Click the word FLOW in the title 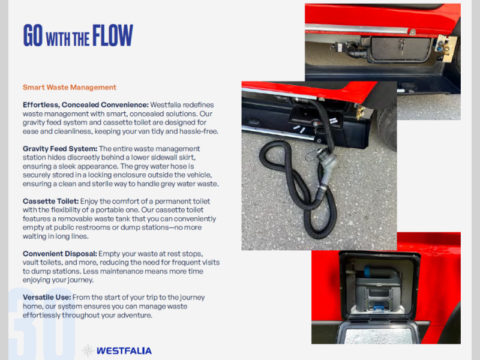(x=113, y=35)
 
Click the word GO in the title (x=33, y=35)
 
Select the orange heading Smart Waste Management (x=70, y=87)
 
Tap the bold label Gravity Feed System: (x=60, y=149)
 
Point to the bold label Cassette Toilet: (x=51, y=201)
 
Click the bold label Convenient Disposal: (x=59, y=254)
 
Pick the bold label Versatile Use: (x=47, y=297)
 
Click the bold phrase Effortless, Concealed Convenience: (x=86, y=104)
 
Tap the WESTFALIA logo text (x=124, y=351)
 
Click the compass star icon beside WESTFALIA (x=88, y=351)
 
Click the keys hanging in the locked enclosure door (x=402, y=46)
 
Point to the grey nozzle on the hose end (x=326, y=167)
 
